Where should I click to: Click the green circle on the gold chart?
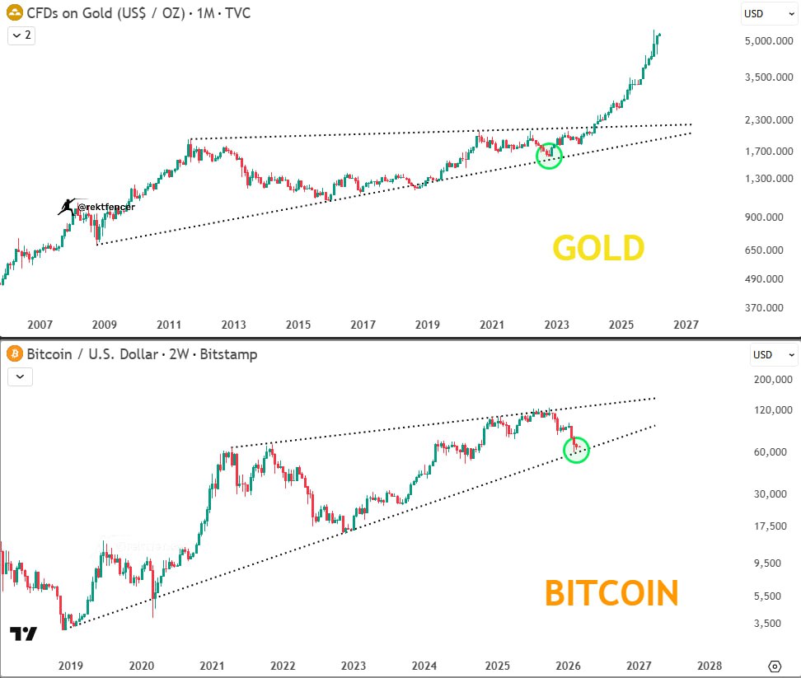click(x=548, y=156)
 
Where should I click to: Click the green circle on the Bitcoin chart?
click(x=576, y=449)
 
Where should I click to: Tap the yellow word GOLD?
click(x=598, y=248)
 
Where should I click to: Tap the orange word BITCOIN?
click(x=611, y=593)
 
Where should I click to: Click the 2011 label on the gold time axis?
click(x=168, y=325)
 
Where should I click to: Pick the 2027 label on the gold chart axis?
click(x=685, y=325)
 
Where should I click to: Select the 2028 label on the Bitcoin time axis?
click(x=710, y=665)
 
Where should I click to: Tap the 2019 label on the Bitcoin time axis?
click(x=70, y=665)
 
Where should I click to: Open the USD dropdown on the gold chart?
click(x=770, y=13)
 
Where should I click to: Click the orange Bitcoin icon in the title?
click(x=14, y=354)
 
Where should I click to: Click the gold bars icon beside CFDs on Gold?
click(x=14, y=12)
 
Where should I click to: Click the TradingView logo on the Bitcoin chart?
click(x=23, y=634)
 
